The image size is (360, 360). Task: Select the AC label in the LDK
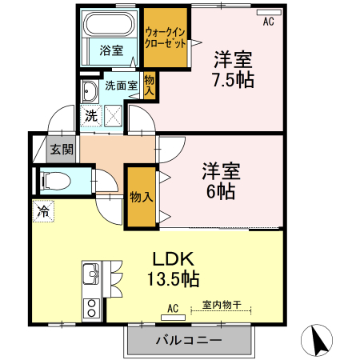[172, 306]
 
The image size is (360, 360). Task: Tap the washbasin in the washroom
[89, 88]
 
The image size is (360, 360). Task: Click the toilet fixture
[56, 181]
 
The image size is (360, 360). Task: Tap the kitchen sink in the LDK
[90, 276]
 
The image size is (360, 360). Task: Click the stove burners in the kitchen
[90, 306]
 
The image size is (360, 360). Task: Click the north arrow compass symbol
[318, 342]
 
